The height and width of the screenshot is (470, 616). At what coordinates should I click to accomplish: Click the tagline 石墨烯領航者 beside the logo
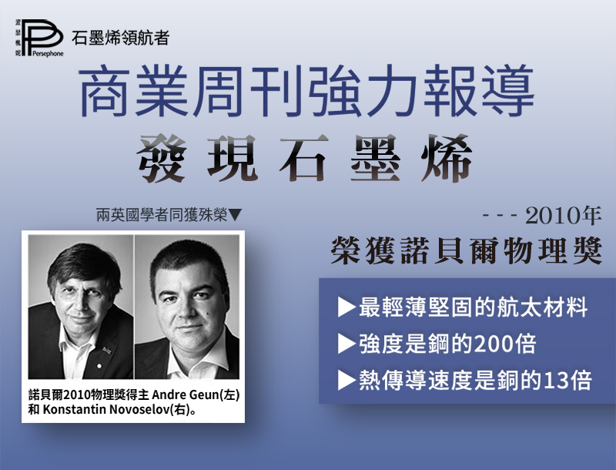(120, 38)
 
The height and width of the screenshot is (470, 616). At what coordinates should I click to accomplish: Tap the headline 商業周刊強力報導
(307, 92)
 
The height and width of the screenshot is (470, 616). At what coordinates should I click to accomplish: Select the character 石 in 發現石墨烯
(304, 158)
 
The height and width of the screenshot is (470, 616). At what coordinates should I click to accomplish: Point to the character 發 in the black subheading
(162, 158)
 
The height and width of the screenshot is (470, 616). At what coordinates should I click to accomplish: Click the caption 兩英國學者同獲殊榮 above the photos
(162, 215)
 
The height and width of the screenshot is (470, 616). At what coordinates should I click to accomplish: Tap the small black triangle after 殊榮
(235, 215)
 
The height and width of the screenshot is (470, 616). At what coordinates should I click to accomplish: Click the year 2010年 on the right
(564, 216)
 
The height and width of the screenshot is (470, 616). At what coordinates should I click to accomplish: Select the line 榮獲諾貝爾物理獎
(467, 250)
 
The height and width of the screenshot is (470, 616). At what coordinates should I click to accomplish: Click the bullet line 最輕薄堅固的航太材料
(473, 307)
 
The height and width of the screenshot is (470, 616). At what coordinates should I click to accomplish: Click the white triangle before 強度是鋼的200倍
(346, 344)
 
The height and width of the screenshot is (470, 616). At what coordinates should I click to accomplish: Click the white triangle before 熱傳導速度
(346, 381)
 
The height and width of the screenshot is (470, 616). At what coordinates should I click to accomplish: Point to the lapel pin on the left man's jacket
(106, 349)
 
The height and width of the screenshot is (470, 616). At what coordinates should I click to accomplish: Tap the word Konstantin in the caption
(74, 409)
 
